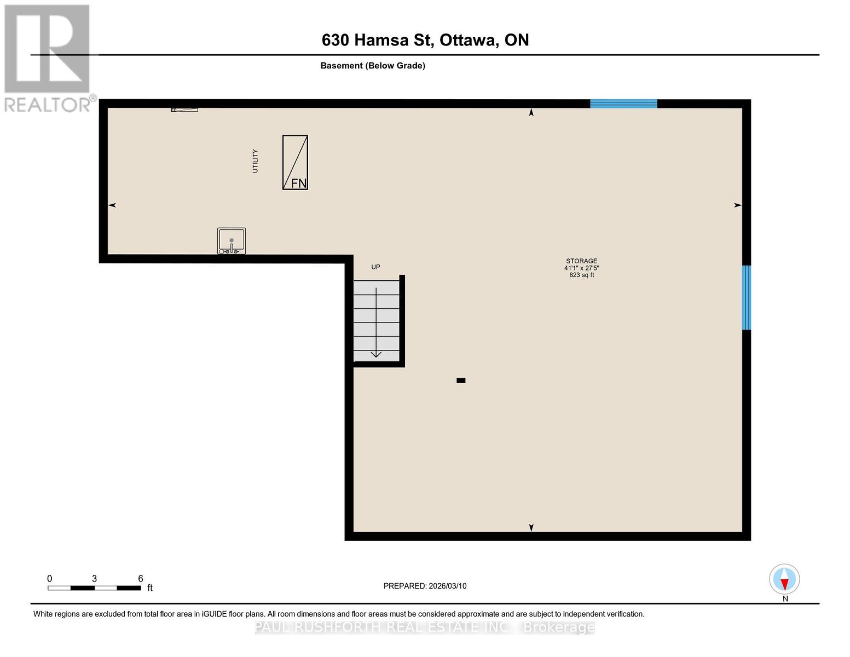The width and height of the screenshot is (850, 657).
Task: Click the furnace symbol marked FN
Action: coord(295,163)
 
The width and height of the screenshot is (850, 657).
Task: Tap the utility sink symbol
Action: coord(232,241)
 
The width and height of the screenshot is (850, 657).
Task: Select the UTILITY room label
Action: coord(255,161)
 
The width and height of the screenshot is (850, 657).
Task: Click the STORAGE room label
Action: coord(581,261)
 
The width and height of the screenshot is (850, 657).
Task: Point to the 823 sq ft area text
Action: coord(581,275)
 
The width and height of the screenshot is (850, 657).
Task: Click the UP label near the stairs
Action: coord(375,267)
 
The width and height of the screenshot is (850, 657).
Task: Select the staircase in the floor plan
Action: coord(377,320)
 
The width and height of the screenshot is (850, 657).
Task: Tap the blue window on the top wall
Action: coord(623,104)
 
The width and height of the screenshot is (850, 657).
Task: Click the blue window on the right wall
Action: coord(746,298)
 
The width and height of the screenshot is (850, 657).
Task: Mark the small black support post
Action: coord(461,381)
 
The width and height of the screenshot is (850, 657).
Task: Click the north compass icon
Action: coord(784,579)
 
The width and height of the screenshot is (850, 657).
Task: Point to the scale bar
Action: coord(94,588)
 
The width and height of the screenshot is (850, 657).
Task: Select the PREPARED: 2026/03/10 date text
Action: coord(425,586)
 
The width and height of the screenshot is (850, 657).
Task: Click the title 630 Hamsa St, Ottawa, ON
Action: coord(425,40)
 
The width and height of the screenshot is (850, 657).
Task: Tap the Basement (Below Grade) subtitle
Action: coord(373,66)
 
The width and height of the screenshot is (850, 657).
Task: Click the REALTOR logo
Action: coord(48,57)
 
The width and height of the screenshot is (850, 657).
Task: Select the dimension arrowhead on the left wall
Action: coord(112,205)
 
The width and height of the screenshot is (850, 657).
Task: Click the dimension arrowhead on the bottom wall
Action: coord(531,527)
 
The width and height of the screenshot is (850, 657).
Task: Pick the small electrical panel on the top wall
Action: coord(184,109)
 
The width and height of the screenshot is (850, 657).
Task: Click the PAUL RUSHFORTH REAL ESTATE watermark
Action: coord(425,627)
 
